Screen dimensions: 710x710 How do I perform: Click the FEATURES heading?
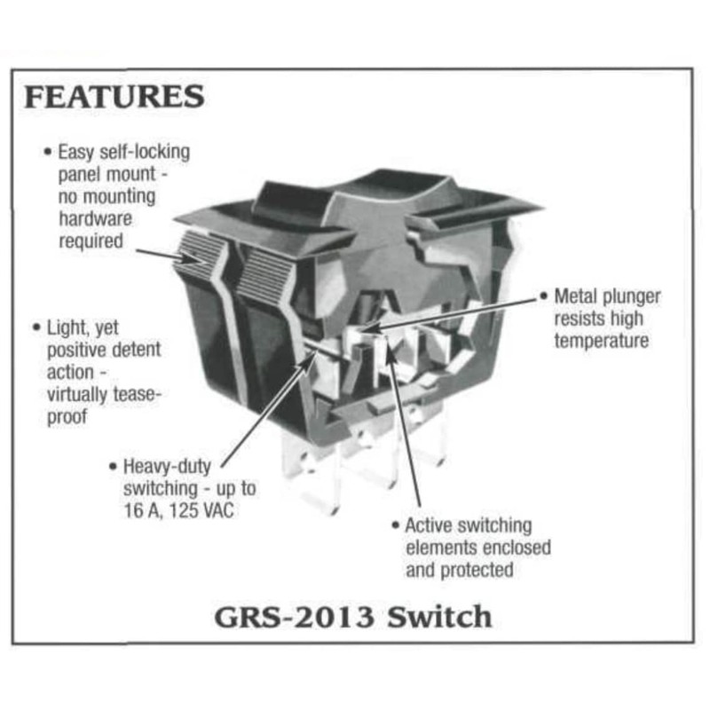(114, 97)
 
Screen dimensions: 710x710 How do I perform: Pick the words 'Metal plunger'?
(607, 296)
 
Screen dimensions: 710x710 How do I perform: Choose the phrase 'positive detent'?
(104, 350)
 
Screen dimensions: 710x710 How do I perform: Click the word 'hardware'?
(94, 217)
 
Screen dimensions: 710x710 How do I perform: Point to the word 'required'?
(91, 240)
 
